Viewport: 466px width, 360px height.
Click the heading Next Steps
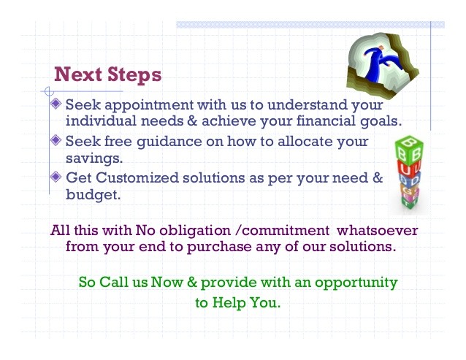108,74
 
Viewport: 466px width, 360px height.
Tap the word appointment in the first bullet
149,106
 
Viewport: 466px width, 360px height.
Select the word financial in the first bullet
326,120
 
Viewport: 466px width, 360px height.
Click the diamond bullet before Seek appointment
56,104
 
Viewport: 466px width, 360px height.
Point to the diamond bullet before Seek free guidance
56,140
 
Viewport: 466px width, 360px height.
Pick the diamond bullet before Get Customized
56,177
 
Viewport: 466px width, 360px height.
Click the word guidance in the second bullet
169,142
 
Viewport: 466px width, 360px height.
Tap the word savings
94,158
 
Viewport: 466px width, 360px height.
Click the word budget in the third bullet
93,195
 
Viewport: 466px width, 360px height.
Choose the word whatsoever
377,231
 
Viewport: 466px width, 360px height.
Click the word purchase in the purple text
219,248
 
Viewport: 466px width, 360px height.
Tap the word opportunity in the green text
356,283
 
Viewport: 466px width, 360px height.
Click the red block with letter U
409,169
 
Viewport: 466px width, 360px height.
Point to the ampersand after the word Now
192,282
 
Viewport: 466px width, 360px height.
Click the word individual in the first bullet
101,120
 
